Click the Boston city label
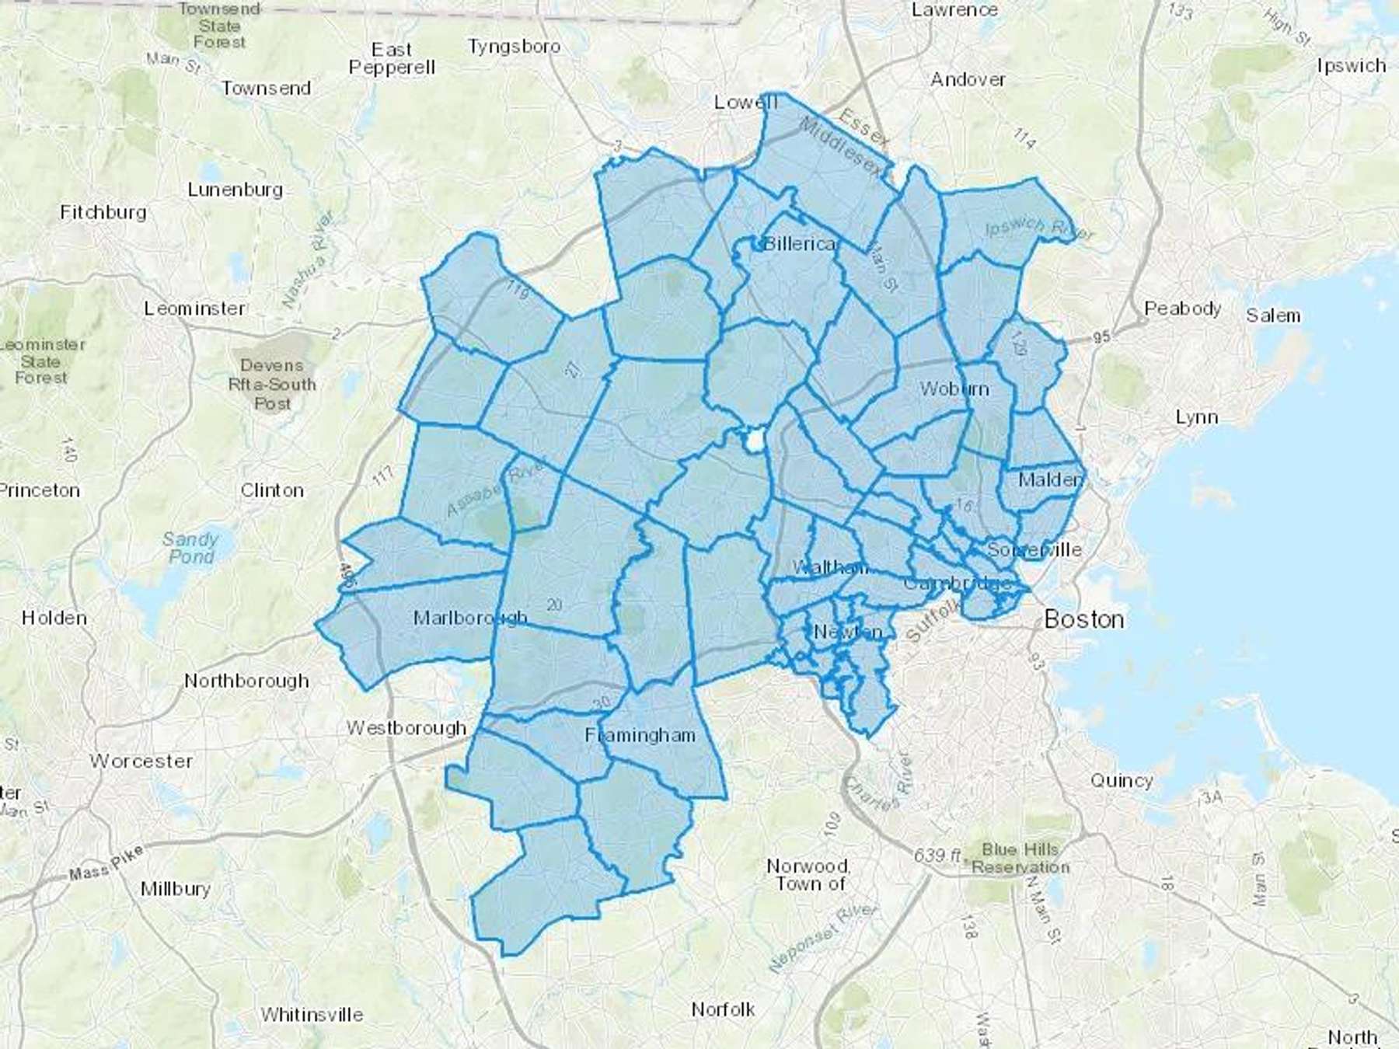pyautogui.click(x=1083, y=619)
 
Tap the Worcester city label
pyautogui.click(x=141, y=761)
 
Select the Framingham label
pyautogui.click(x=640, y=735)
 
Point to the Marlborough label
pyautogui.click(x=470, y=618)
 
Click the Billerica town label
pyautogui.click(x=800, y=244)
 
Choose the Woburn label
pyautogui.click(x=954, y=389)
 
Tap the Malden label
pyautogui.click(x=1050, y=479)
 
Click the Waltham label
pyautogui.click(x=829, y=567)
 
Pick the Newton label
pyautogui.click(x=848, y=632)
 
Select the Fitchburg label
pyautogui.click(x=103, y=212)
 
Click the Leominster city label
pyautogui.click(x=194, y=308)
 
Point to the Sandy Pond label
pyautogui.click(x=190, y=548)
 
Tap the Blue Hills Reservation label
pyautogui.click(x=1020, y=858)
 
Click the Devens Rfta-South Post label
pyautogui.click(x=272, y=384)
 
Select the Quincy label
pyautogui.click(x=1121, y=780)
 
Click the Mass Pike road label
pyautogui.click(x=106, y=863)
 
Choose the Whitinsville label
pyautogui.click(x=312, y=1014)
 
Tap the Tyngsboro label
pyautogui.click(x=514, y=47)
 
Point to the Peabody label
pyautogui.click(x=1182, y=308)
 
